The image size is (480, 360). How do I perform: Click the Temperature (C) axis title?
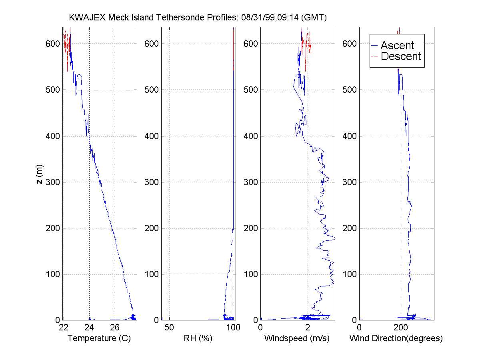click(99, 338)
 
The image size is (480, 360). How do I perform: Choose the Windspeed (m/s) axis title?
click(297, 338)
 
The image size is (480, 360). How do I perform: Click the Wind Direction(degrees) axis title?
click(396, 338)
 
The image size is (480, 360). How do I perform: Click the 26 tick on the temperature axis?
click(115, 328)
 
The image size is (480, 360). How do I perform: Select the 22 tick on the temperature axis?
click(64, 328)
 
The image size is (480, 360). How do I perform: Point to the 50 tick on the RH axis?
click(169, 328)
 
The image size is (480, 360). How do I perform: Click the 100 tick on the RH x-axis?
click(233, 328)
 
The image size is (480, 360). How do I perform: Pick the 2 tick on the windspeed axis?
click(307, 328)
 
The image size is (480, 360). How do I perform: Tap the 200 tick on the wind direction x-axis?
click(400, 328)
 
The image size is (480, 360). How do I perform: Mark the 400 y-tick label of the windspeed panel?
click(251, 136)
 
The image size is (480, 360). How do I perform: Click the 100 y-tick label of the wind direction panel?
click(350, 274)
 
